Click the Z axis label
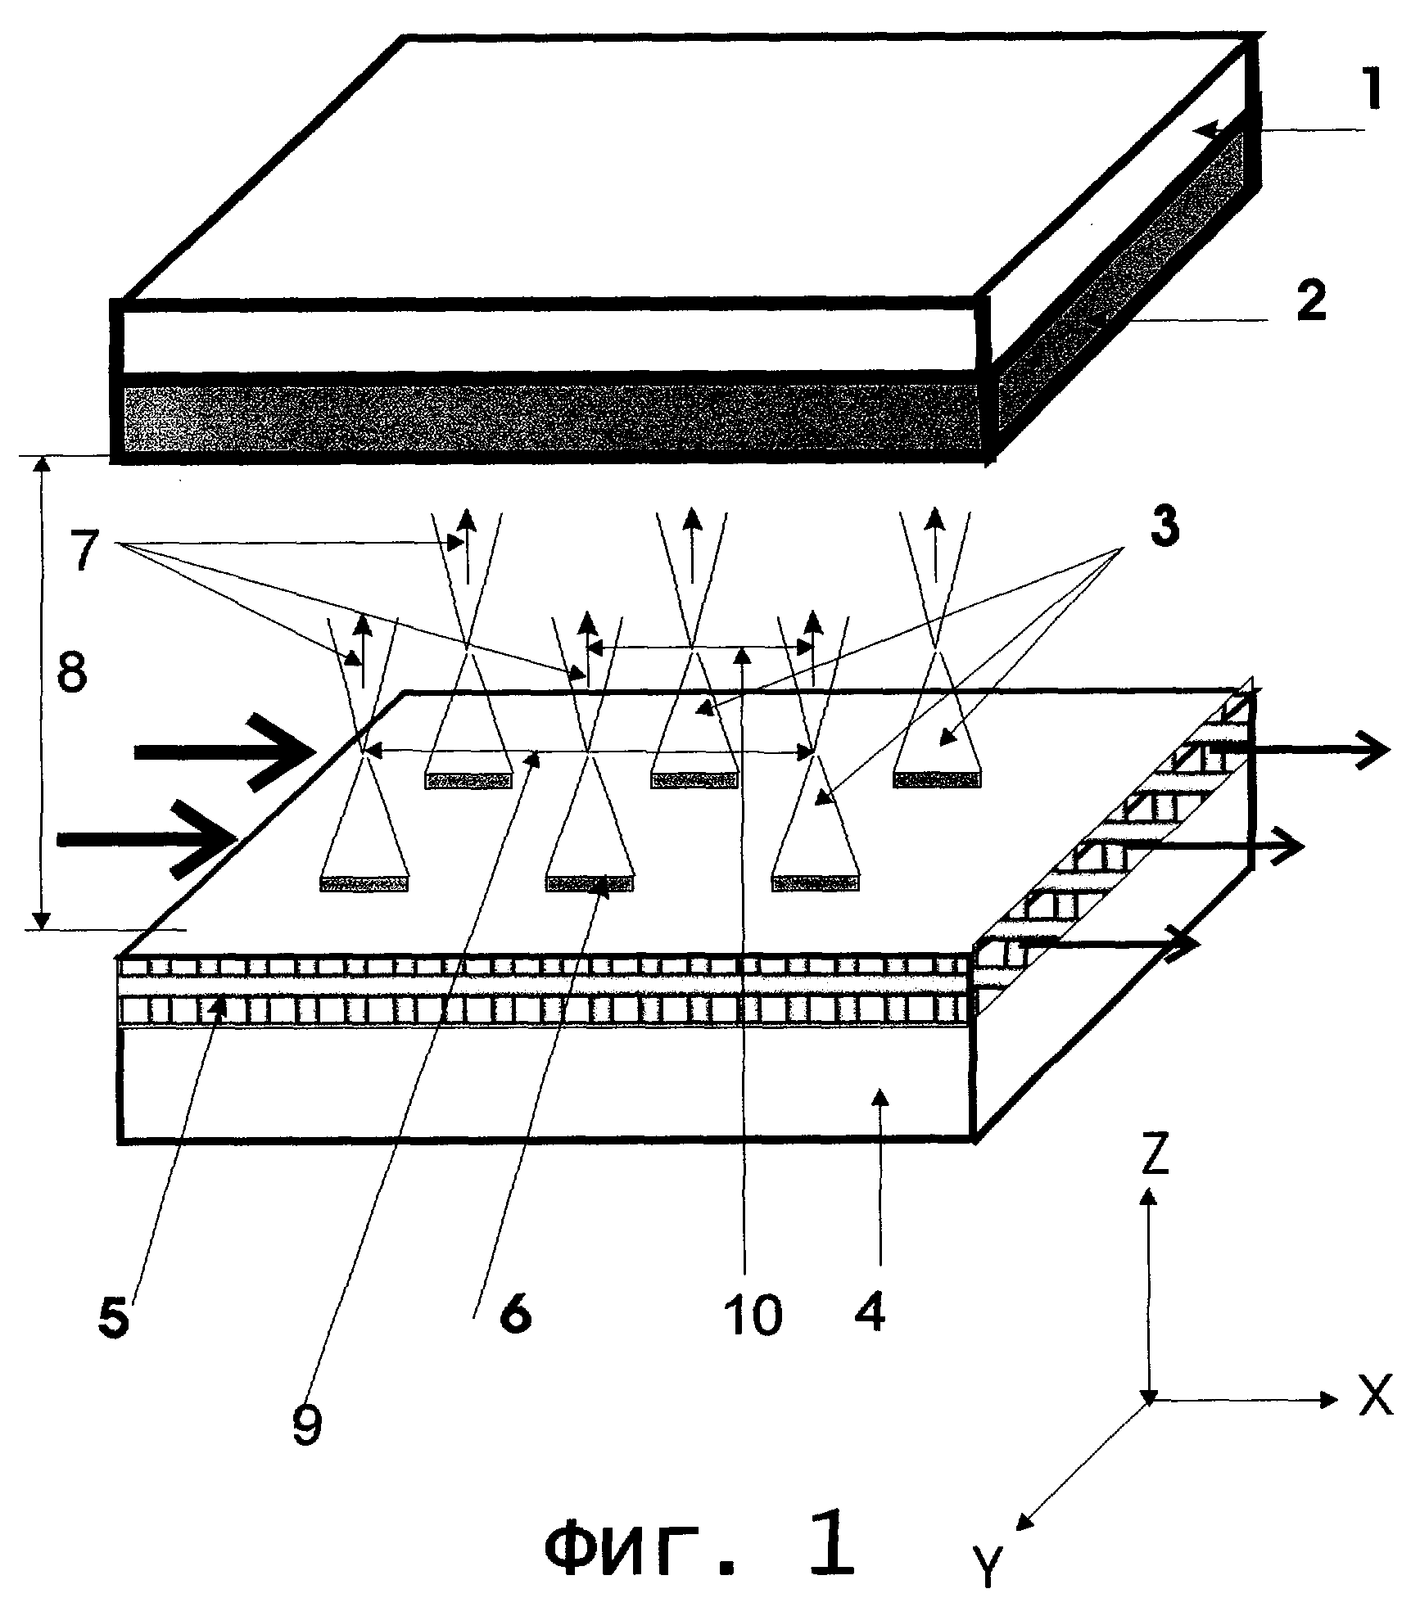pyautogui.click(x=1153, y=1157)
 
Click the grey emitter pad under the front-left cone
pyautogui.click(x=364, y=883)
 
